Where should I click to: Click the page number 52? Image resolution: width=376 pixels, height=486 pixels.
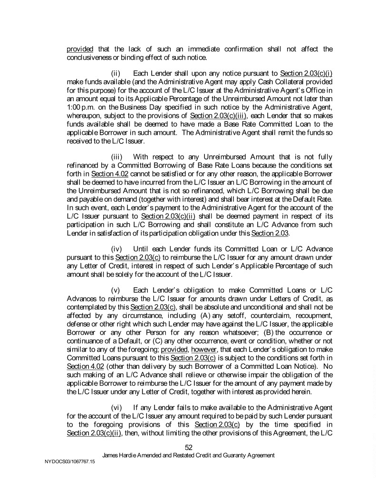[x=188, y=447]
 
